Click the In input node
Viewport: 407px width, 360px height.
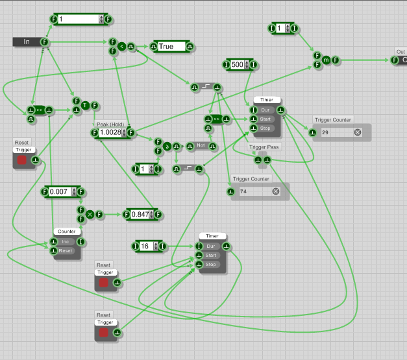click(27, 42)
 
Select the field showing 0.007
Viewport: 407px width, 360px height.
click(60, 191)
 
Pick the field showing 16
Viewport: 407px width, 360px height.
click(146, 246)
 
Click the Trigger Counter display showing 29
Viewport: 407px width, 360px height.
click(334, 132)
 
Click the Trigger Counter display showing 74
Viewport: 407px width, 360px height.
click(253, 191)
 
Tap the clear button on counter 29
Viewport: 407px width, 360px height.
click(357, 132)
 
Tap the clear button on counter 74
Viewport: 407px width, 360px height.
click(275, 191)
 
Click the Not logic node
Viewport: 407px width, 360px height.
click(201, 146)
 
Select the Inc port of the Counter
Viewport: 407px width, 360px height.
click(66, 242)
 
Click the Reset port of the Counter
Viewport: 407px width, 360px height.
click(66, 250)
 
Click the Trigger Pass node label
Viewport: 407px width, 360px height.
click(264, 148)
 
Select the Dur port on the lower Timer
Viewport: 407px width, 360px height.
click(211, 246)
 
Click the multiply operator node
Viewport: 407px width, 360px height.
click(90, 214)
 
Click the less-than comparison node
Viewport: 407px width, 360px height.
click(121, 47)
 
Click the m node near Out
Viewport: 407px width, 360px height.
click(327, 60)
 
